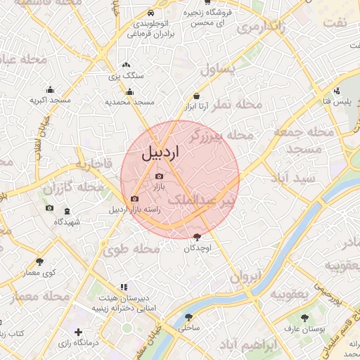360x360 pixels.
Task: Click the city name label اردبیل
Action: tap(160, 151)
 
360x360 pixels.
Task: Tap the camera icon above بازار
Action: tap(159, 176)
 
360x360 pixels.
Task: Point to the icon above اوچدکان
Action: tap(195, 238)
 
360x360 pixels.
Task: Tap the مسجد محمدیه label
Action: tap(129, 102)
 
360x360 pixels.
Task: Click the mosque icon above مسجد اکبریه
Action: tap(50, 89)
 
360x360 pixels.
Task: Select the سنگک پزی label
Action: tap(127, 75)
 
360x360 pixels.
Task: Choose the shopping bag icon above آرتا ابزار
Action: tap(195, 96)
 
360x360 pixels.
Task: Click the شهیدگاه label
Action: tap(67, 221)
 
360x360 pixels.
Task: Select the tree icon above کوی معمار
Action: tap(39, 262)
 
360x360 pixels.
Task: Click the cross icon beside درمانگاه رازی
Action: tap(77, 331)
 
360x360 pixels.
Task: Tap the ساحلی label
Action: tap(189, 328)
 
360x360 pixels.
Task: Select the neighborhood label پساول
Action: tap(221, 70)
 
